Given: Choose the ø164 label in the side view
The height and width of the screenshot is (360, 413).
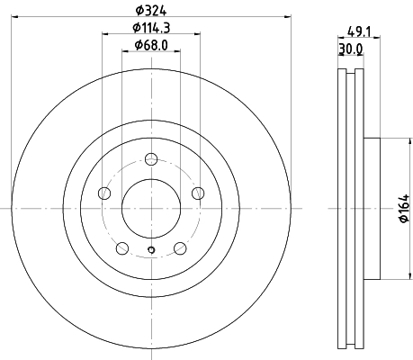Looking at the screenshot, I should (404, 209).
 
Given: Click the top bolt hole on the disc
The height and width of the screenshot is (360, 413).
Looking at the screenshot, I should (151, 159).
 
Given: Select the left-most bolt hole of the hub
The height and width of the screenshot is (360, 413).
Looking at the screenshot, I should (104, 193).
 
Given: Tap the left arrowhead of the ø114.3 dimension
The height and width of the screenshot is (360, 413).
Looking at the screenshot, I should (105, 33).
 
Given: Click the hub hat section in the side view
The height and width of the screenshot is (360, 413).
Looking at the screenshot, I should (373, 208).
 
